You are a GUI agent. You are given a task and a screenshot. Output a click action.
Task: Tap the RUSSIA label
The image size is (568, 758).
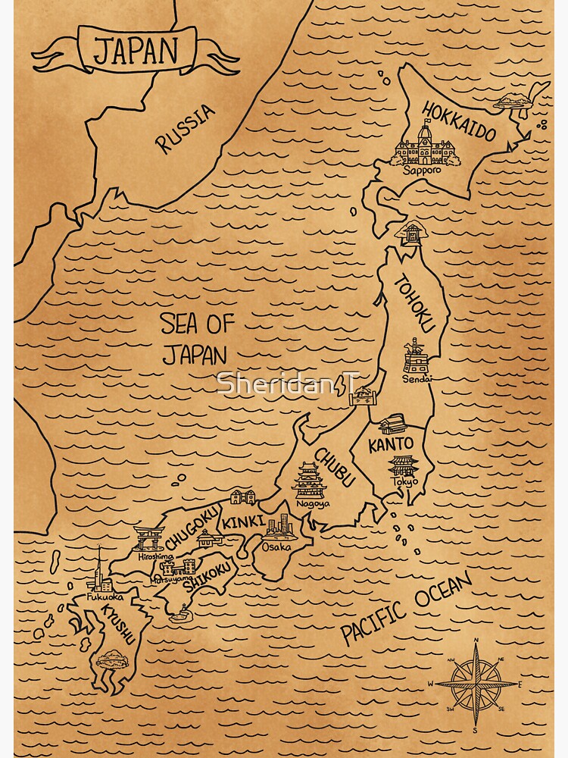point(186,128)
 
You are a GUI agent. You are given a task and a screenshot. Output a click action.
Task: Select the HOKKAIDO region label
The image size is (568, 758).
point(459,122)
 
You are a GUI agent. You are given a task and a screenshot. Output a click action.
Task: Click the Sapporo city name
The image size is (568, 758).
point(421,170)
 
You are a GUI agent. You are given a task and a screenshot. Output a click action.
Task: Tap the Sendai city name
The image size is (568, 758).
point(417,378)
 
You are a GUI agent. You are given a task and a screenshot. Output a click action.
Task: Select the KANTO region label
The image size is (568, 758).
point(391,444)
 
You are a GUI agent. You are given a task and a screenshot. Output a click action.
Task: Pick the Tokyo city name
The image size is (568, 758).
point(404,481)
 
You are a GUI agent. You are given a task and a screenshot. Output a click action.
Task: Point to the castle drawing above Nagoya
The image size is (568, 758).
point(311,479)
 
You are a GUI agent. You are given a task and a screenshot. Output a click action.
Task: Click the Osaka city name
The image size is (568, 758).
point(276,546)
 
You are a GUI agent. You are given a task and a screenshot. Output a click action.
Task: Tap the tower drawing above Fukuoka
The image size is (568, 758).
point(98,570)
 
